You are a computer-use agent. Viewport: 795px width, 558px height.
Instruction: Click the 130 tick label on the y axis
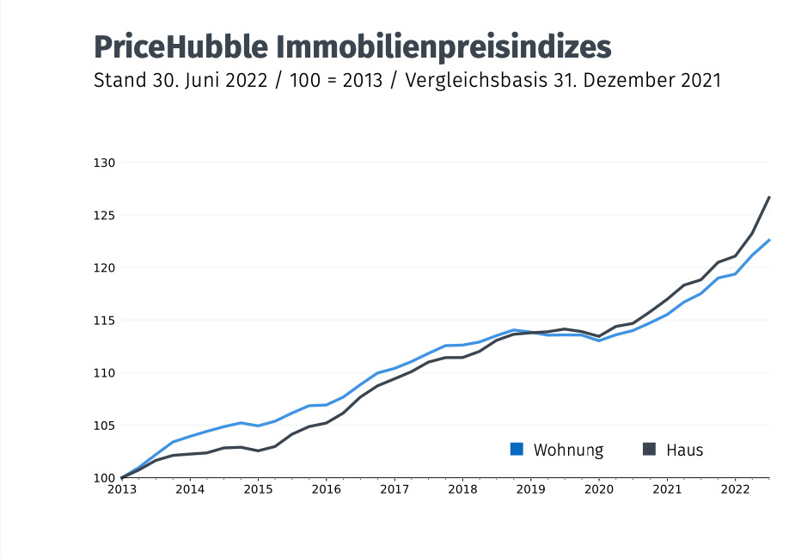104,162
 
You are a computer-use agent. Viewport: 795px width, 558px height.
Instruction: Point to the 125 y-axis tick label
104,215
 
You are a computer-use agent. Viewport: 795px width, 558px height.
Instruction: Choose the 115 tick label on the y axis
104,320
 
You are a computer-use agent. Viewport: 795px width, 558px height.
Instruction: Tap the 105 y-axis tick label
104,425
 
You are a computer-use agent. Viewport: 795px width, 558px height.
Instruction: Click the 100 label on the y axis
104,478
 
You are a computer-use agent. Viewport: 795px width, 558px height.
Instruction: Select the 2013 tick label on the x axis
122,489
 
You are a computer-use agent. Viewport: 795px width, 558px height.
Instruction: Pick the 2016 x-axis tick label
327,489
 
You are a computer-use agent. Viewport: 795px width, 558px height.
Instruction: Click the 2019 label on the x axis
531,489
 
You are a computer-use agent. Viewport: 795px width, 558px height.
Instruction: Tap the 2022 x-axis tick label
736,489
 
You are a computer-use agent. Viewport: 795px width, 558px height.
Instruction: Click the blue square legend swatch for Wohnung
517,449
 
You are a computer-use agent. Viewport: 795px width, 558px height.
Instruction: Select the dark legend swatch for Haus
649,449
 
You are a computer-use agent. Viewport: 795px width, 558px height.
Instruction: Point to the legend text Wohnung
568,450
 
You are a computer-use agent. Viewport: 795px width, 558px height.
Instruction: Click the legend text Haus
684,450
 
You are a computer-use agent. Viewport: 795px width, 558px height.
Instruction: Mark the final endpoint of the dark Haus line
769,197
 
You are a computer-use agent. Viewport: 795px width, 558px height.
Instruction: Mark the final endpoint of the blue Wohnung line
769,240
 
